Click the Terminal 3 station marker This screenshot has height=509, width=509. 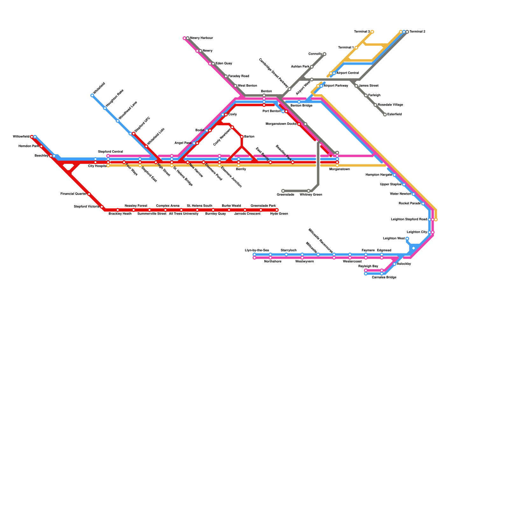point(372,32)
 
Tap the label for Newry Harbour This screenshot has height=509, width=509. point(201,38)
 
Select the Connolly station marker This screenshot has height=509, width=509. point(324,54)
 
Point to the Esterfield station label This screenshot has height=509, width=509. point(394,115)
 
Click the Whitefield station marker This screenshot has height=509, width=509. point(92,95)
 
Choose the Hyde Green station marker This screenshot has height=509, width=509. point(277,210)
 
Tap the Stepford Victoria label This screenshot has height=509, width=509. point(86,207)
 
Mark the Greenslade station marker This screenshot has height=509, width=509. point(283,191)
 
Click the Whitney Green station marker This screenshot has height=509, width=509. point(309,191)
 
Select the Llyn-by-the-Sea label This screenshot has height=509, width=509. point(257,250)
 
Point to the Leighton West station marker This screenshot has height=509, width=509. point(407,239)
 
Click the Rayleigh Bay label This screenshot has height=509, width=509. point(368,266)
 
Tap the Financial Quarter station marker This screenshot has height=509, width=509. point(89,194)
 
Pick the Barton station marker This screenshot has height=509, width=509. point(242,137)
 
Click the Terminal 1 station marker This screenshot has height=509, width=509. point(356,48)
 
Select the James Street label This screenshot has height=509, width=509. point(368,86)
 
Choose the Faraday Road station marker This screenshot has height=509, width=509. point(226,76)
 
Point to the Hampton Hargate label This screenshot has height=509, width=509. point(379,175)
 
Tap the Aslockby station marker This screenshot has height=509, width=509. point(394,264)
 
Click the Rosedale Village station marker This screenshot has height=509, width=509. point(375,105)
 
